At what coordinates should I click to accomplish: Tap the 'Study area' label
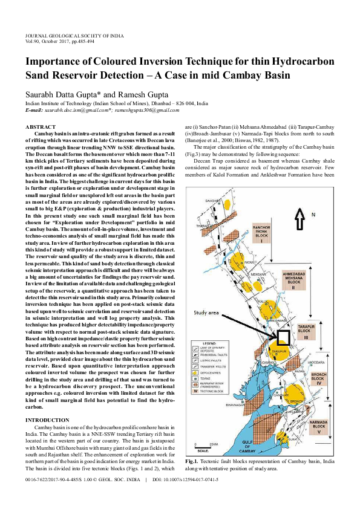[x=206, y=313]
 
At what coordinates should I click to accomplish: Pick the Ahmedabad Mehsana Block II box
[x=296, y=281]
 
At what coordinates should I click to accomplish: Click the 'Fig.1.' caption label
[x=195, y=461]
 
